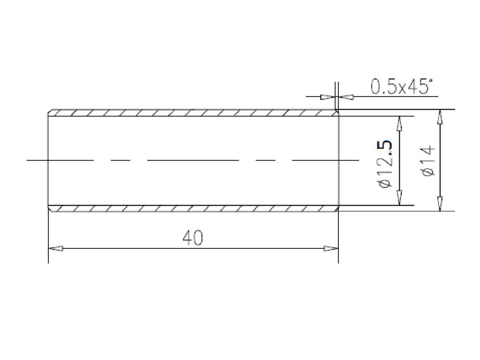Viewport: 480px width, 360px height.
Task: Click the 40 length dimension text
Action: [193, 238]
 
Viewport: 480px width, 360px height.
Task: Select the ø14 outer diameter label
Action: [427, 160]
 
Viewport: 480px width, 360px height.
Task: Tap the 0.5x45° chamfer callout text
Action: [402, 87]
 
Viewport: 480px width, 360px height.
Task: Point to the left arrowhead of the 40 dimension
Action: [56, 248]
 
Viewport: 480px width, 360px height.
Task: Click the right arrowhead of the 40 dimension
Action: [331, 248]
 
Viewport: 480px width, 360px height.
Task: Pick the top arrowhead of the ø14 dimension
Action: [440, 117]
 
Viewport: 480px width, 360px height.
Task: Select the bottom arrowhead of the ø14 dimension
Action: [440, 204]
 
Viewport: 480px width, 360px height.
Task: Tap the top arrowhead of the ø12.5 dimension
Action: [399, 123]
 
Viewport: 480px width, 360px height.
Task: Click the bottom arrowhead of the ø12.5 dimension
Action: [399, 198]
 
